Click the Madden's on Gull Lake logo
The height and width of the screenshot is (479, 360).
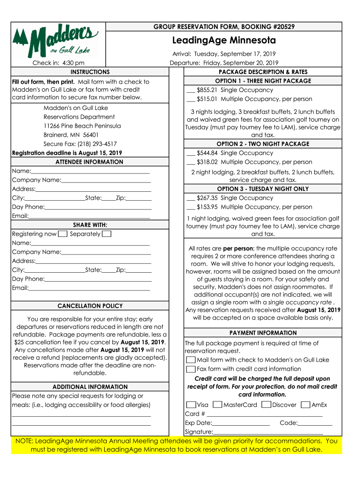click(x=55, y=41)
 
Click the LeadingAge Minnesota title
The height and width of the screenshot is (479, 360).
click(x=224, y=40)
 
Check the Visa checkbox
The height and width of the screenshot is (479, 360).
click(x=191, y=405)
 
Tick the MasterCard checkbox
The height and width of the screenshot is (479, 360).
click(x=217, y=405)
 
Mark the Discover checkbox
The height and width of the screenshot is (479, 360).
click(x=266, y=405)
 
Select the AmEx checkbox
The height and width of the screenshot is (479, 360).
click(x=305, y=405)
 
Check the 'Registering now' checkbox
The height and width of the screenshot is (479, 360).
click(x=63, y=234)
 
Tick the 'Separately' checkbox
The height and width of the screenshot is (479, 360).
click(x=107, y=234)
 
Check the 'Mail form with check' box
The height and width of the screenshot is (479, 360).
click(x=191, y=360)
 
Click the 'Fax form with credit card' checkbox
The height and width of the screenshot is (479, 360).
click(x=191, y=369)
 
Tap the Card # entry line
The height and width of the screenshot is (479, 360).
click(x=265, y=414)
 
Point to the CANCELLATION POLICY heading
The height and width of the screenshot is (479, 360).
click(x=90, y=306)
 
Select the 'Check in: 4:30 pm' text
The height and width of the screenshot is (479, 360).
click(x=58, y=63)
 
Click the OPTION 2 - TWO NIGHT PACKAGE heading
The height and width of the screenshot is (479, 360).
click(x=263, y=144)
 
